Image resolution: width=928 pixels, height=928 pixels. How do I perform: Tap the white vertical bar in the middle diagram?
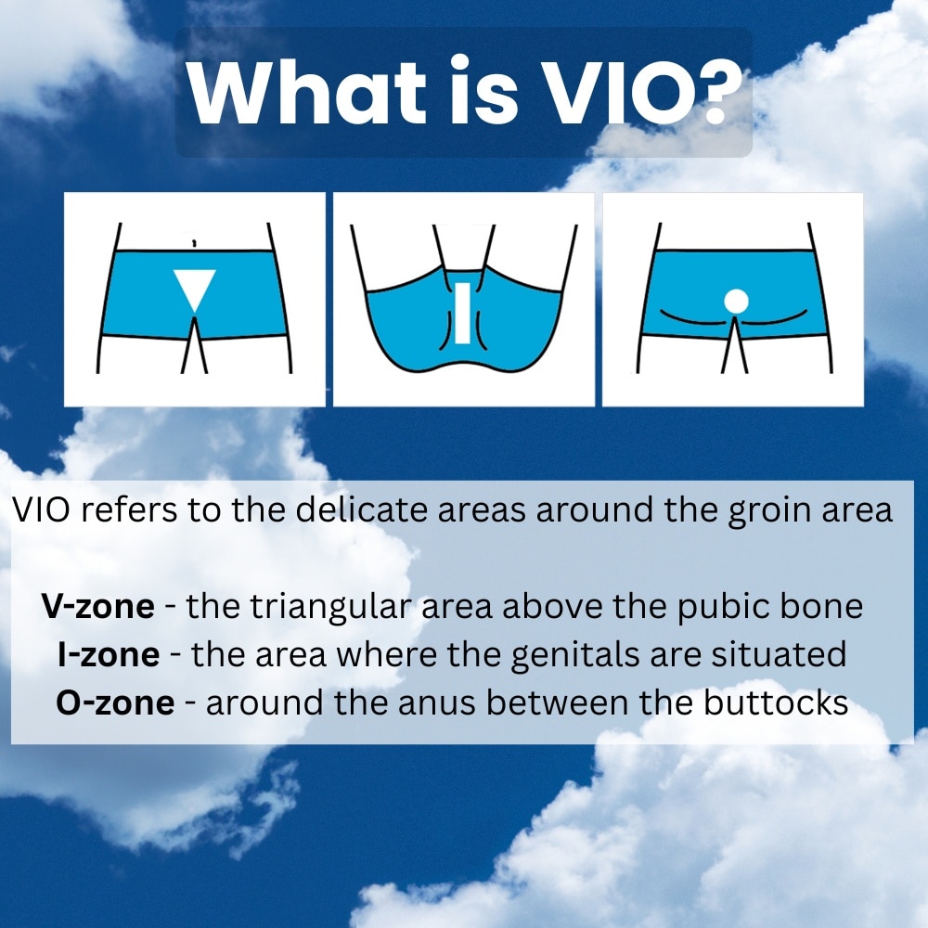click(x=462, y=313)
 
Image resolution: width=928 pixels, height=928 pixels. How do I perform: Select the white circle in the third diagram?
click(x=736, y=302)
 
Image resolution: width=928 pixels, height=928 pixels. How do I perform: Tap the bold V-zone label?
click(x=98, y=606)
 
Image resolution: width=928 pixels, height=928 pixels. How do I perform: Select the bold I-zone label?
click(x=109, y=654)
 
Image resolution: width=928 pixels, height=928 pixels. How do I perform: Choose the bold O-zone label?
click(x=115, y=703)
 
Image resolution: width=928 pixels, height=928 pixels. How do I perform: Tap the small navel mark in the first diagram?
click(x=195, y=241)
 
